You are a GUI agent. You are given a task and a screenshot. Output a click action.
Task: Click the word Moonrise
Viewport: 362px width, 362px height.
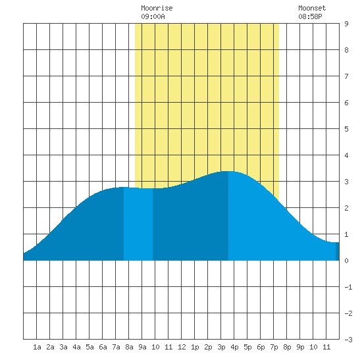157,8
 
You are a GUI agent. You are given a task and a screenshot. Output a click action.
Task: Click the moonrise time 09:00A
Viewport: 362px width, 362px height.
153,16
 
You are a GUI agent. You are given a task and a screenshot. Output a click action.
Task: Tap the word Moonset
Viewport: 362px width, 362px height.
312,8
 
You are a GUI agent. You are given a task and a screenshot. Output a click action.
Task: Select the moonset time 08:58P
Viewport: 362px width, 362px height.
310,16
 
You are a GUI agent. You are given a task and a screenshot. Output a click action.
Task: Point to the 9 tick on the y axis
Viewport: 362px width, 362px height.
346,24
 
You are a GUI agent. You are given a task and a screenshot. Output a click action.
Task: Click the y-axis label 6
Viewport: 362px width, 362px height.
346,103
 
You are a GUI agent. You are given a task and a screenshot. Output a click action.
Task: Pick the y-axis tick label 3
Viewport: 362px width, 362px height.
346,182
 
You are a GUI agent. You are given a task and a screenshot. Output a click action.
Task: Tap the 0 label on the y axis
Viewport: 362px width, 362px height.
346,261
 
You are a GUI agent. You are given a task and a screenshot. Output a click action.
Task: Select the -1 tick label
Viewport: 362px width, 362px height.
348,287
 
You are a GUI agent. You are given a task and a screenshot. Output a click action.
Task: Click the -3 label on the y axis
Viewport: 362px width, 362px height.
348,340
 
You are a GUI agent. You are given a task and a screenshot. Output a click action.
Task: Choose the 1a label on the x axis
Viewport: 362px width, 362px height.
37,347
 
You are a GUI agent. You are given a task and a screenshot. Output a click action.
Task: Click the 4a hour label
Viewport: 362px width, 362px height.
76,347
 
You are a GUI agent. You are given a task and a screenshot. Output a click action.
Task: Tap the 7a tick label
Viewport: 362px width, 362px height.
116,347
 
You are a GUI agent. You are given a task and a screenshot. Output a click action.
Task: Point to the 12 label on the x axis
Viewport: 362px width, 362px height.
182,347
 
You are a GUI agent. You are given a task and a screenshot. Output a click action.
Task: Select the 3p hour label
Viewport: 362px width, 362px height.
221,347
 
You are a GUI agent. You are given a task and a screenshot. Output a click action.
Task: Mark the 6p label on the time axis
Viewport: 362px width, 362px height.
261,347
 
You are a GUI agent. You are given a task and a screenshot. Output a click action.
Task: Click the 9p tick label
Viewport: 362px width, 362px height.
300,347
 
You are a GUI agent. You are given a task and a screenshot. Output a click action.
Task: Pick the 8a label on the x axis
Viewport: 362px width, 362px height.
129,347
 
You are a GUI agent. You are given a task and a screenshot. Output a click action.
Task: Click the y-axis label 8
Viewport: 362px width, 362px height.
346,50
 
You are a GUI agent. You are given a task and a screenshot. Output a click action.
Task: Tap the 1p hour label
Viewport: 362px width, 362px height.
195,347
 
